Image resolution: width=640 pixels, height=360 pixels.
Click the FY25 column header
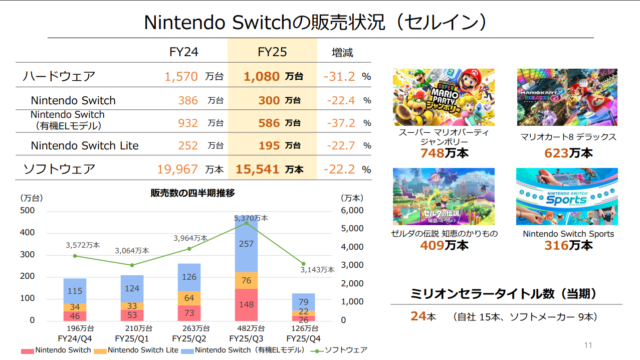(x=272, y=52)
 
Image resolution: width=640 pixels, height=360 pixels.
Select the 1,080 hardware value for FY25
(x=262, y=76)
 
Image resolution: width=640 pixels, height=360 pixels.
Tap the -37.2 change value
(x=341, y=123)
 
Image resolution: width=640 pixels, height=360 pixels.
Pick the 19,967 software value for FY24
(x=177, y=169)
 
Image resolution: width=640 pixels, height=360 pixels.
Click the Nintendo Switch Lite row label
(x=85, y=145)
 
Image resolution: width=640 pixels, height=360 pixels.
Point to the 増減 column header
(x=342, y=53)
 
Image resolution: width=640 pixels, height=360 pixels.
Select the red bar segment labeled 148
(x=246, y=305)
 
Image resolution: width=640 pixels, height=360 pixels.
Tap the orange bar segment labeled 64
(x=189, y=298)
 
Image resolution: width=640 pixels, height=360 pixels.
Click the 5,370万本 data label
(x=251, y=218)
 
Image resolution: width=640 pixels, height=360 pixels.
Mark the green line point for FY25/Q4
(x=303, y=264)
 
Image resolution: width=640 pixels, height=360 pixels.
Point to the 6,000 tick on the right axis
(x=352, y=210)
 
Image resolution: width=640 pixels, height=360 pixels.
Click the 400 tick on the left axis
(x=28, y=232)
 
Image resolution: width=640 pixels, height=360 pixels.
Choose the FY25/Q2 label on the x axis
(x=189, y=338)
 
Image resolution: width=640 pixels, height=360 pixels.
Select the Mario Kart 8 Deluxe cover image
(x=567, y=97)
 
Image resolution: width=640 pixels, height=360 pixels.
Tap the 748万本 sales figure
(x=444, y=153)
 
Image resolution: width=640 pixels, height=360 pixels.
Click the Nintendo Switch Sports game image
(x=567, y=197)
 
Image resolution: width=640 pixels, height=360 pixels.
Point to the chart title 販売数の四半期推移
(x=192, y=193)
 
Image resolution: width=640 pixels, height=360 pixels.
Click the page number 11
(x=588, y=345)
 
